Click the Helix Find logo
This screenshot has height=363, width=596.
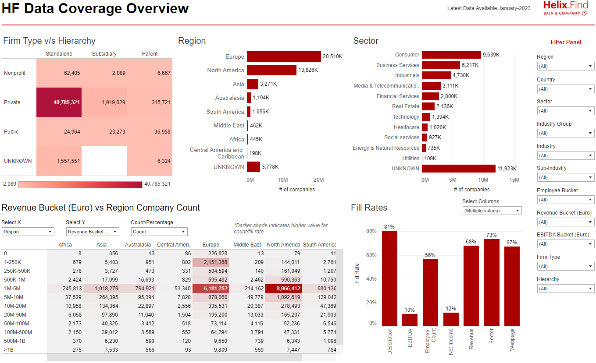coord(565,8)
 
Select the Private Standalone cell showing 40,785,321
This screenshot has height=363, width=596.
coord(59,102)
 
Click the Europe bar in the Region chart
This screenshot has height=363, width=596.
coord(284,56)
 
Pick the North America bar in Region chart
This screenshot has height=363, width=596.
coord(271,70)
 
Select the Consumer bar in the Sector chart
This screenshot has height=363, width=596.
coord(451,55)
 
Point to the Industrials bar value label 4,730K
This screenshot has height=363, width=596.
coord(461,75)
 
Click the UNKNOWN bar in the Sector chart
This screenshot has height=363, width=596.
coord(458,169)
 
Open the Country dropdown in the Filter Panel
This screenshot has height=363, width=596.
coord(565,89)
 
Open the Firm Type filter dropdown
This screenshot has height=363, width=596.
coord(565,266)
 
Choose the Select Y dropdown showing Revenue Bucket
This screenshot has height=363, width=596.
coord(93,232)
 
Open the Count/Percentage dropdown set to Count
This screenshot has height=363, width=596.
coord(159,232)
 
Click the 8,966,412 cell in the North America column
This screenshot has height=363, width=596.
coord(283,289)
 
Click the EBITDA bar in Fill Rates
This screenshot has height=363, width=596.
coord(410,320)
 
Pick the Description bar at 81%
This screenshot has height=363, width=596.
coord(389,278)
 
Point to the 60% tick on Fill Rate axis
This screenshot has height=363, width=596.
coord(371,255)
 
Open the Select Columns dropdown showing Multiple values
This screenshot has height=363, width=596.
coord(492,211)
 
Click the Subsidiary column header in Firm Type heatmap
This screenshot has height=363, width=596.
coord(104,54)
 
